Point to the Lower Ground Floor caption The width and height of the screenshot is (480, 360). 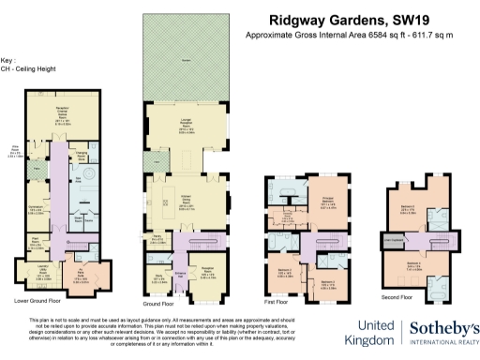(37, 301)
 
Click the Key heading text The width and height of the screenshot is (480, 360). (8, 58)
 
